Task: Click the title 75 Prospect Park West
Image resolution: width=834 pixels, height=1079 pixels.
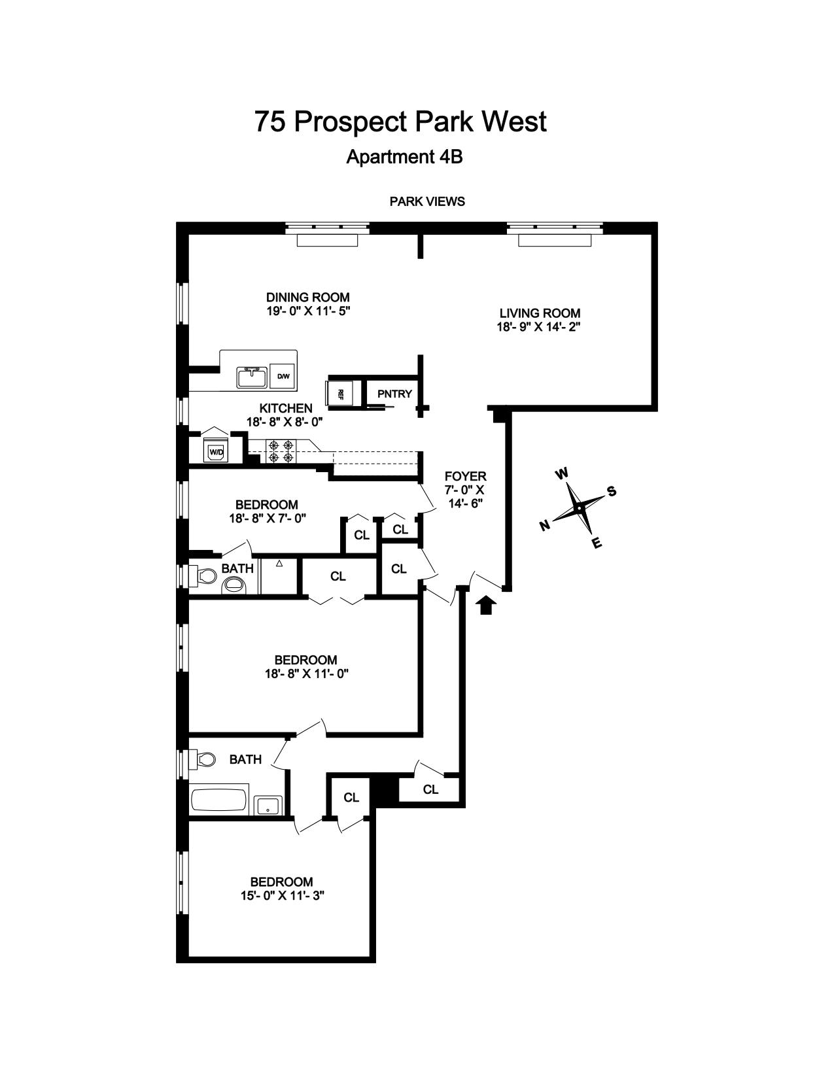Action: (400, 121)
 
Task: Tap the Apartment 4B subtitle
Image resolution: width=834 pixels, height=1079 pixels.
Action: (404, 157)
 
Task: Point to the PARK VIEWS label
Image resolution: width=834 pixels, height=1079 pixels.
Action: (427, 201)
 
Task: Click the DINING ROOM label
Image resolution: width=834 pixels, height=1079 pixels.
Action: (308, 298)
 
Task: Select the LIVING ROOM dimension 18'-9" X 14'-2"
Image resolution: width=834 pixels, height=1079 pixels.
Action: (539, 327)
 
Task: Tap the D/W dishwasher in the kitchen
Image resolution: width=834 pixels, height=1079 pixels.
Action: (283, 377)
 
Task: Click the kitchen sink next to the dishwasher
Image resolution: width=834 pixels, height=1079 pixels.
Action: (252, 377)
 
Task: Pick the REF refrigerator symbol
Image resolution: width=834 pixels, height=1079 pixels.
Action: (340, 394)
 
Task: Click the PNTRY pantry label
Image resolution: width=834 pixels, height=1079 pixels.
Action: (395, 394)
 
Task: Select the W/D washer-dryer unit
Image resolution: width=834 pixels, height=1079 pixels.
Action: (216, 451)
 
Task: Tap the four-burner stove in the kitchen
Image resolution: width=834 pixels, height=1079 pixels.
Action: (281, 451)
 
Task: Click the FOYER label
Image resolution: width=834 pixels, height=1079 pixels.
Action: (466, 477)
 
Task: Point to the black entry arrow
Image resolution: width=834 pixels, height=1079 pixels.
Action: (486, 606)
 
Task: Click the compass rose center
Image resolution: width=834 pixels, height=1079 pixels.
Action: (578, 508)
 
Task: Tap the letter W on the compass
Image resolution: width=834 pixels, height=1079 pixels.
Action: (561, 473)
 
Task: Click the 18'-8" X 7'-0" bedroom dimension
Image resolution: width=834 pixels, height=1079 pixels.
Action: (267, 519)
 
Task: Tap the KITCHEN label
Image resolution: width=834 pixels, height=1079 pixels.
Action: (286, 408)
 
